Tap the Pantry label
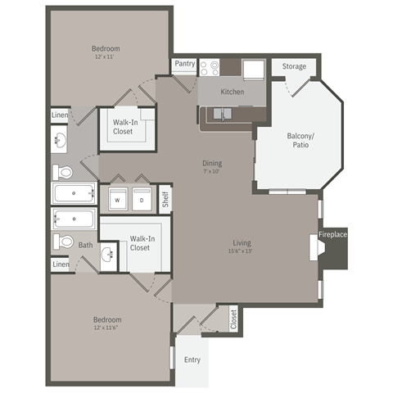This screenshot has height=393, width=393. point(184,64)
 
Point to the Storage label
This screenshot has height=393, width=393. point(294,66)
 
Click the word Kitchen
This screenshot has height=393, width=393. point(233,92)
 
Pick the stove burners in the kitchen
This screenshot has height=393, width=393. point(210,68)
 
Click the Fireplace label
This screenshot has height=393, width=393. point(333,236)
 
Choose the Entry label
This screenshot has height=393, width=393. point(192,359)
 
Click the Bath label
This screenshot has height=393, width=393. point(86,244)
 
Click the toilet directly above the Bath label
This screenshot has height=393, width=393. point(62,242)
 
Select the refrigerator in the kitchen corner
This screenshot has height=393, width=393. point(252,69)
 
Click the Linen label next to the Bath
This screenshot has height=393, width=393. point(61,264)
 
